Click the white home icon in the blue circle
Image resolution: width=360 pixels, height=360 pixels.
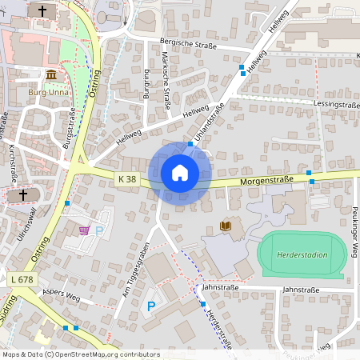[180, 173]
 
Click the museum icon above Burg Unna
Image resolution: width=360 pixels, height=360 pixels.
[51, 75]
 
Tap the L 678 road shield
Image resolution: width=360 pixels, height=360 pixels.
[22, 278]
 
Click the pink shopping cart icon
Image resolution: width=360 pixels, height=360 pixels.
[84, 230]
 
